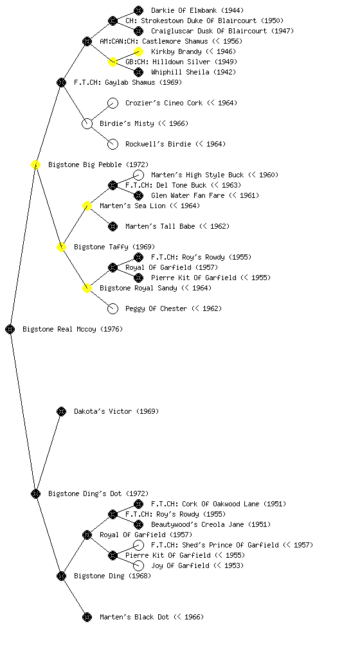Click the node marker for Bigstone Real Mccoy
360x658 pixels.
[x=10, y=329]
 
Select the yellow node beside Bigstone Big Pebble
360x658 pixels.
[x=35, y=164]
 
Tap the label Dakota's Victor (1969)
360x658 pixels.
[x=116, y=411]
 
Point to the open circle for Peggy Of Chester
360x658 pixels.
[x=113, y=308]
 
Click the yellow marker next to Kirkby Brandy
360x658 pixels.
[x=138, y=51]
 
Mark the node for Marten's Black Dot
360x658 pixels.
[x=87, y=617]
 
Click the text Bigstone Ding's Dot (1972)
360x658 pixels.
[x=98, y=493]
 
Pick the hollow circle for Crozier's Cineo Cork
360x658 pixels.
[x=113, y=103]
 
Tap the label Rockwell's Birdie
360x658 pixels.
[x=159, y=144]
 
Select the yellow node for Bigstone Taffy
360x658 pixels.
[x=61, y=247]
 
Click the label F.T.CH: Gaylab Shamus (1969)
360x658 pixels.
[x=128, y=82]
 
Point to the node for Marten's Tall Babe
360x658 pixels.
[x=113, y=226]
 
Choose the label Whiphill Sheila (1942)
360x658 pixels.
[x=194, y=72]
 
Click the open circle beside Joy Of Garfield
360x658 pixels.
[x=138, y=565]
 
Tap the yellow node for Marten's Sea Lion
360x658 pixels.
[x=87, y=206]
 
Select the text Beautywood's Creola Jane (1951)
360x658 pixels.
[x=211, y=524]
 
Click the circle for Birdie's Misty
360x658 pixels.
[x=87, y=123]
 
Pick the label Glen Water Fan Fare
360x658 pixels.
[x=188, y=195]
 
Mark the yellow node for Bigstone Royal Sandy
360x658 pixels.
[x=87, y=288]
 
